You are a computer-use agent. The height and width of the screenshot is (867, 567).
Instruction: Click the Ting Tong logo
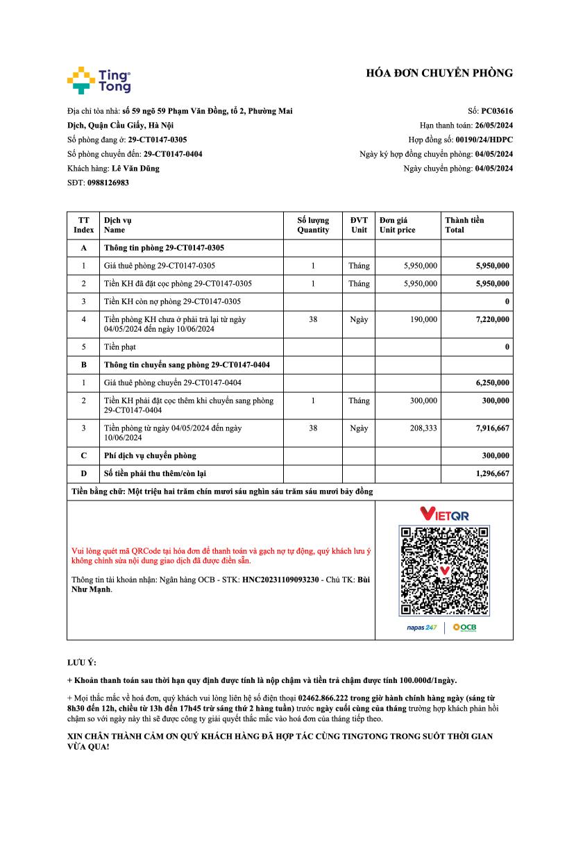pyautogui.click(x=99, y=80)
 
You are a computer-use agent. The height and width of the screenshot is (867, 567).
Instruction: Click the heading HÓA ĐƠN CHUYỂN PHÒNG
pyautogui.click(x=439, y=73)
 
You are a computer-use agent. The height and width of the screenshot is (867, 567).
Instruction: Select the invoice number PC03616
pyautogui.click(x=497, y=110)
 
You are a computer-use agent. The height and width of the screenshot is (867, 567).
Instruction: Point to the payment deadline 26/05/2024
pyautogui.click(x=493, y=125)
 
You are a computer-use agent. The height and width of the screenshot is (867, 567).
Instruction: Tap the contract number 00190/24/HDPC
pyautogui.click(x=484, y=140)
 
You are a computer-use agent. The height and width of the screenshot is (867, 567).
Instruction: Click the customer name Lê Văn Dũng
pyautogui.click(x=135, y=168)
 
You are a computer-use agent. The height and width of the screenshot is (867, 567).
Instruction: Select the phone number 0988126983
pyautogui.click(x=108, y=183)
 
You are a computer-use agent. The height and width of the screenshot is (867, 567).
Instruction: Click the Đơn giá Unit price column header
pyautogui.click(x=398, y=225)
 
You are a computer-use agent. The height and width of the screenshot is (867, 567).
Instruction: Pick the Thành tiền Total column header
pyautogui.click(x=464, y=225)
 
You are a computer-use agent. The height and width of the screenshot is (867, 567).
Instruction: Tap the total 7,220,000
pyautogui.click(x=492, y=319)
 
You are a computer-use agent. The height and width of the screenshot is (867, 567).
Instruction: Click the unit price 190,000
pyautogui.click(x=423, y=319)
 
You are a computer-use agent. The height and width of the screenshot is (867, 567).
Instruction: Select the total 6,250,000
pyautogui.click(x=492, y=382)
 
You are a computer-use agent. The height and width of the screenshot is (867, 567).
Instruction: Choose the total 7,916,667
pyautogui.click(x=492, y=428)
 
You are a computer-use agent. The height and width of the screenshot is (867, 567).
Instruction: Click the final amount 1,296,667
pyautogui.click(x=492, y=473)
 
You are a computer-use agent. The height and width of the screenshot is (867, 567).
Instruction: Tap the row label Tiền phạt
pyautogui.click(x=120, y=346)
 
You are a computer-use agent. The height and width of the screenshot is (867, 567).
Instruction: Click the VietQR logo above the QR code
pyautogui.click(x=444, y=514)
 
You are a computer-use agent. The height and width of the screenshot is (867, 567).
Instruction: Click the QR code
pyautogui.click(x=444, y=571)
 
